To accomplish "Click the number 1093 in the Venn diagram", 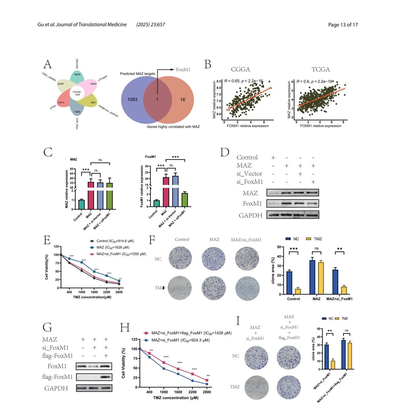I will point(132,100).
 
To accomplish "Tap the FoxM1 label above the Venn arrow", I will point(183,70).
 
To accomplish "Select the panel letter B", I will point(208,65).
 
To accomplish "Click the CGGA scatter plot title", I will point(240,70).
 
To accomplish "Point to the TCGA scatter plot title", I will point(320,70).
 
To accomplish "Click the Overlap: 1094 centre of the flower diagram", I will point(77,93).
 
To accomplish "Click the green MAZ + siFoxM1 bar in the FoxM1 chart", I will point(185,200).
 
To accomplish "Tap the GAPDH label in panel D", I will point(250,215).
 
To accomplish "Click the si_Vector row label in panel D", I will point(249,174).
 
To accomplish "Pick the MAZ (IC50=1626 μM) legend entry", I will point(113,247).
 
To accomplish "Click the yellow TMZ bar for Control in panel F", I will point(298,291).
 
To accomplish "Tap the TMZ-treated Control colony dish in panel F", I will point(180,288).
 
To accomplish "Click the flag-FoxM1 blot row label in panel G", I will point(57,377).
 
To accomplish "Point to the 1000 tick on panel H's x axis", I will point(164,392).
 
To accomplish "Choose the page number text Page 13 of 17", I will point(343,25).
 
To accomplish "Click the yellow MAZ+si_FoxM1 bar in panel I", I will point(333,365).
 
